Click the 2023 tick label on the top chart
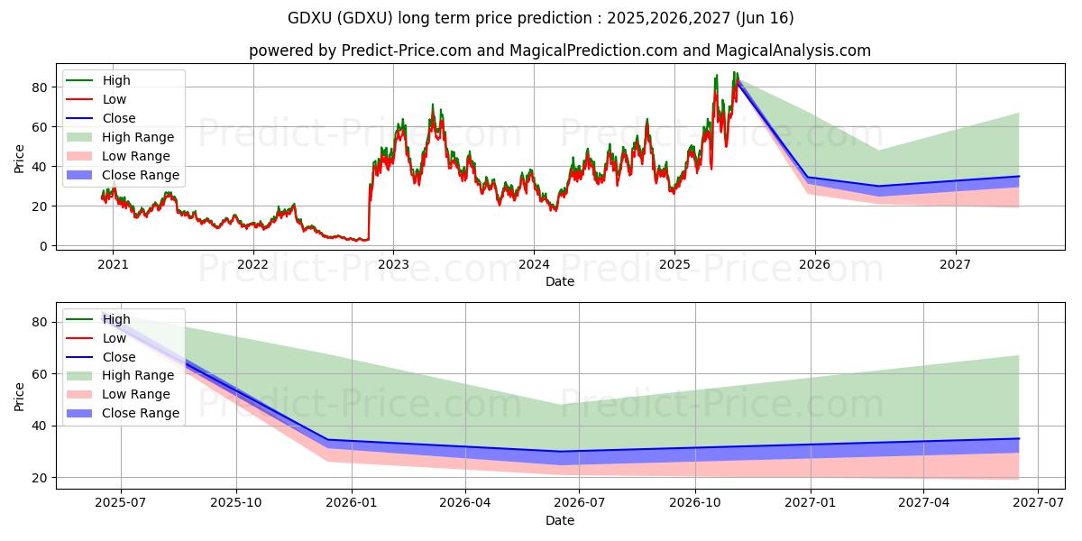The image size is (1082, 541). (x=393, y=264)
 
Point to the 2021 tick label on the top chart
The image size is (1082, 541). (x=113, y=264)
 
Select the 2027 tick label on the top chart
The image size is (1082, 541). (x=955, y=264)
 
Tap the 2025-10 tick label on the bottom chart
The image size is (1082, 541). (x=236, y=502)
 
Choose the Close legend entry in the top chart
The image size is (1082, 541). (x=119, y=118)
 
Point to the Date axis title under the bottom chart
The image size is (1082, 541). (x=560, y=520)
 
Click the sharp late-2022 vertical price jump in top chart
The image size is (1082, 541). (x=369, y=212)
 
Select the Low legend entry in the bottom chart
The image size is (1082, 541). (x=115, y=338)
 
